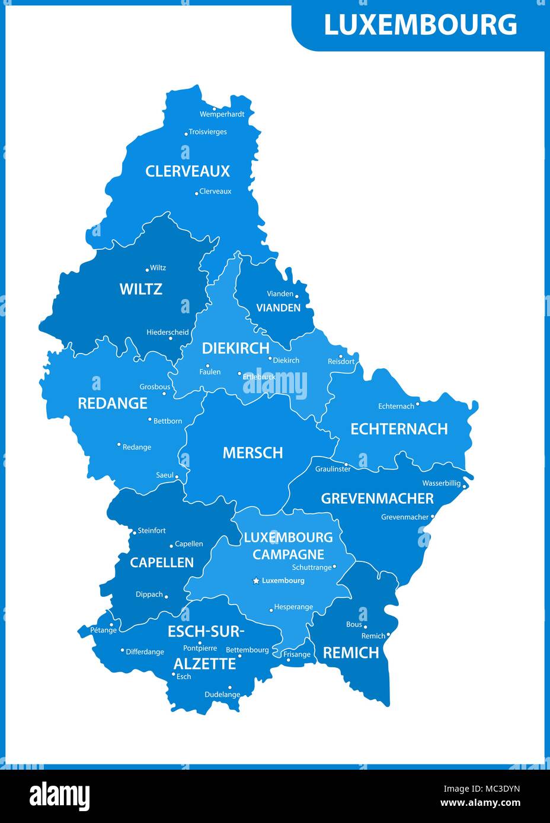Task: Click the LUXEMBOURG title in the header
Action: click(420, 25)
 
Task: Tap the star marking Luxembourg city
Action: click(256, 581)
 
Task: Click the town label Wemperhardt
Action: click(222, 114)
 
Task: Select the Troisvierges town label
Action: click(207, 132)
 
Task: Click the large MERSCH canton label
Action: click(252, 453)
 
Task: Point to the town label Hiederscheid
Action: click(168, 333)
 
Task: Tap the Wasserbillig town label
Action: click(441, 483)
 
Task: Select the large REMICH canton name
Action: click(350, 652)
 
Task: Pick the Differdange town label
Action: click(145, 652)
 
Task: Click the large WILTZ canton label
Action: click(140, 289)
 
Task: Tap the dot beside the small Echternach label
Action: click(417, 404)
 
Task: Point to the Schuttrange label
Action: click(312, 567)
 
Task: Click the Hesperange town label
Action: click(293, 607)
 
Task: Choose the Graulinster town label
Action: click(332, 469)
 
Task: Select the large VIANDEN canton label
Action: click(278, 308)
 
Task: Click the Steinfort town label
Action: click(152, 531)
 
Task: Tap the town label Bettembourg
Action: click(247, 650)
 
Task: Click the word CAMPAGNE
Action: click(288, 555)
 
